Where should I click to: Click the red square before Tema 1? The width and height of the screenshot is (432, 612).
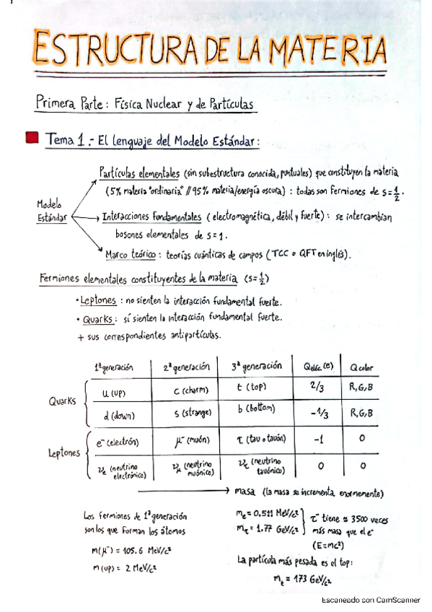point(31,137)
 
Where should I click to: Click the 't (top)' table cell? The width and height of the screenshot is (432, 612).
point(253,388)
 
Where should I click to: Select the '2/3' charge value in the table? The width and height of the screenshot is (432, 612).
point(318,387)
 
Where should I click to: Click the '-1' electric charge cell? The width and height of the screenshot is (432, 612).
point(318,440)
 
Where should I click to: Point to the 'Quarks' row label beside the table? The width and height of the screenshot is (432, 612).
point(62,401)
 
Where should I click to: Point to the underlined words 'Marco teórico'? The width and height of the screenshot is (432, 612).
point(131,254)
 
